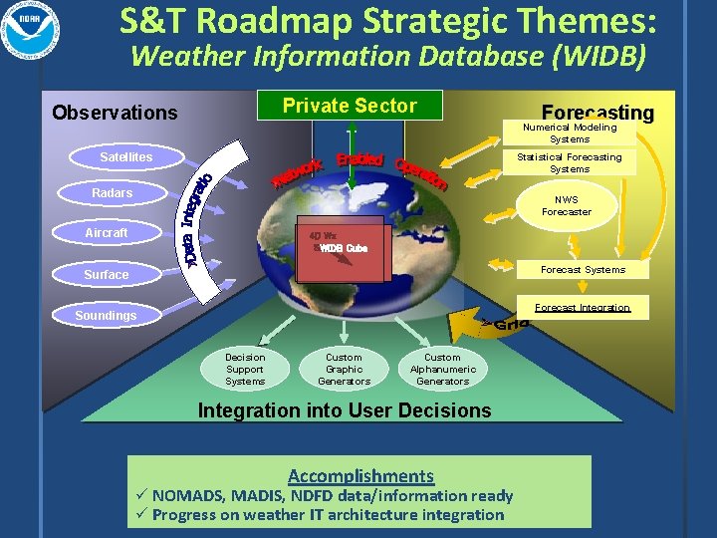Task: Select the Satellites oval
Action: click(x=126, y=157)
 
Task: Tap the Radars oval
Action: click(x=112, y=193)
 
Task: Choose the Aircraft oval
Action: click(x=107, y=233)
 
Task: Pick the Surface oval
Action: click(x=107, y=274)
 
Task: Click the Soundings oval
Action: click(x=107, y=316)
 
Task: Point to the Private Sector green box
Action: click(x=350, y=106)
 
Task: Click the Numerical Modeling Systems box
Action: click(x=570, y=133)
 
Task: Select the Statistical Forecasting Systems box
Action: click(x=570, y=162)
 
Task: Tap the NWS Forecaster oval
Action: click(x=567, y=205)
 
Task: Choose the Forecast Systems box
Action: click(x=583, y=269)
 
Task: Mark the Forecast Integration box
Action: click(x=583, y=308)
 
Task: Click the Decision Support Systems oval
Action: click(x=245, y=369)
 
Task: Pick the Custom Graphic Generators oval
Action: click(x=344, y=369)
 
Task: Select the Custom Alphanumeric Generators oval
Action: click(x=443, y=369)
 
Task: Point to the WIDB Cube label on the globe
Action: click(x=344, y=248)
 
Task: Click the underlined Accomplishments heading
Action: click(x=360, y=476)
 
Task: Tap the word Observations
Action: click(x=115, y=113)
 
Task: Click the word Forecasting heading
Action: click(x=597, y=113)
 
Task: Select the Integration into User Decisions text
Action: click(x=345, y=409)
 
